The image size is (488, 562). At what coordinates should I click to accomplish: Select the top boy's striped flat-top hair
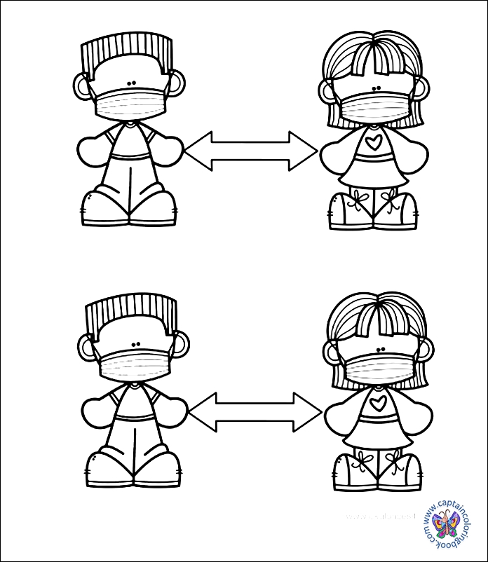click(126, 53)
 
